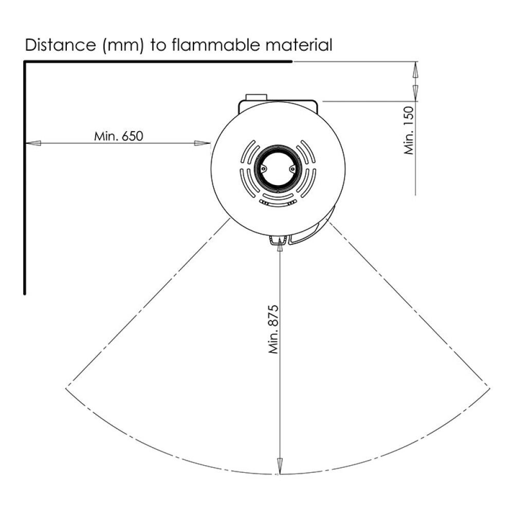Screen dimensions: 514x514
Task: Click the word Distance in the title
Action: tap(60, 45)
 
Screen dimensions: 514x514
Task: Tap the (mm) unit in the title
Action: tap(123, 45)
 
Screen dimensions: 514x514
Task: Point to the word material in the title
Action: tap(299, 45)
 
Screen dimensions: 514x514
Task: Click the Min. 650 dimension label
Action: tap(119, 136)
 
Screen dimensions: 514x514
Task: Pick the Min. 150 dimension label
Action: tap(409, 130)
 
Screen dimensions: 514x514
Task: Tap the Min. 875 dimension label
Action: tap(273, 329)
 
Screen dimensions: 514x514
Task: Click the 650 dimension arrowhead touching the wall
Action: tap(33, 143)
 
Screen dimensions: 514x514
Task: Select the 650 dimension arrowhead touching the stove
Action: tap(202, 143)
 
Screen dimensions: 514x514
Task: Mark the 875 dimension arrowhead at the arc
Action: tap(280, 466)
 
